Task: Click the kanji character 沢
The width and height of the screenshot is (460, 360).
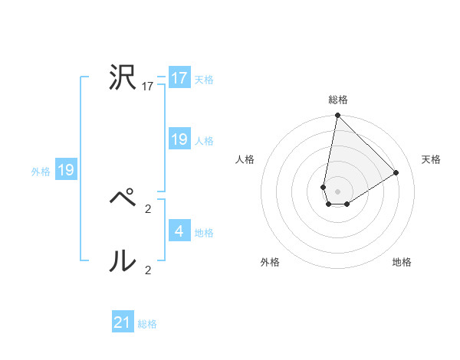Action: point(123,78)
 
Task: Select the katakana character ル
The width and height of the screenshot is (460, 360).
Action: point(123,262)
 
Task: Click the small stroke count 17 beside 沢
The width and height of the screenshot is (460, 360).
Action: point(148,87)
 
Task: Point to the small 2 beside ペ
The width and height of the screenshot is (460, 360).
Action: point(148,208)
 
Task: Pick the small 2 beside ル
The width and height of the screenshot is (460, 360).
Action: point(148,270)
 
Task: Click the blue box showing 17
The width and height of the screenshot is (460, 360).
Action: point(179,78)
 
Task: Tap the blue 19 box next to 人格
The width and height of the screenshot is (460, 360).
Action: point(179,139)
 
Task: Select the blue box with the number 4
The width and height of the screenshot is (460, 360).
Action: point(179,231)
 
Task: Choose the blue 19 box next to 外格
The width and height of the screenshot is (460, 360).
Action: point(66,170)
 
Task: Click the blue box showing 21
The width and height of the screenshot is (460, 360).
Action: point(123,322)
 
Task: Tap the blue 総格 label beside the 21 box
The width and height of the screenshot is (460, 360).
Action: point(147,324)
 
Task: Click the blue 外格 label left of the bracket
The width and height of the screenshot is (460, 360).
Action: point(41,172)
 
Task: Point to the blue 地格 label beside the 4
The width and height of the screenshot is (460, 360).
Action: point(204,233)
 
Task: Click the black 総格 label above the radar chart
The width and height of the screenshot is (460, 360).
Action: point(338,100)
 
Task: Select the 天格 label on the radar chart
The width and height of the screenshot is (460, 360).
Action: point(432,159)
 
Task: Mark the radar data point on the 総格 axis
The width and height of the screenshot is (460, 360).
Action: point(337,116)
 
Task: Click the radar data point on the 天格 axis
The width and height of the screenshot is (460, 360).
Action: point(396,172)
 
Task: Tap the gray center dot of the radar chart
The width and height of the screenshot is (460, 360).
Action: point(337,191)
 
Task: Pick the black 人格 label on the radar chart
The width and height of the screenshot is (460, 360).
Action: point(245,159)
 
